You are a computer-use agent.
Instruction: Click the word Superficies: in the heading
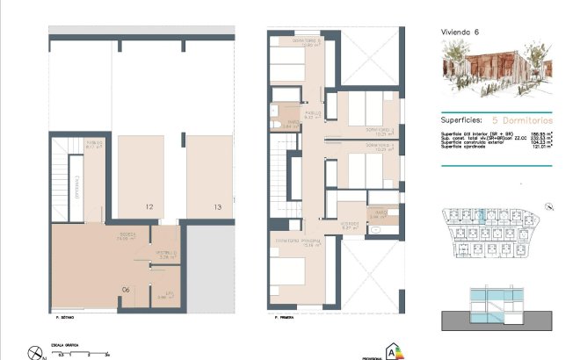[461, 117]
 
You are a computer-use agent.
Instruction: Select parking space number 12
[149, 207]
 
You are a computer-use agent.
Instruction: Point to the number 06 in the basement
[126, 289]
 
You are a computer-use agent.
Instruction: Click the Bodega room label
[127, 234]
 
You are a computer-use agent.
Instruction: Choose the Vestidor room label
[350, 223]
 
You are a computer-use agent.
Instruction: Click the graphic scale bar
[83, 351]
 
